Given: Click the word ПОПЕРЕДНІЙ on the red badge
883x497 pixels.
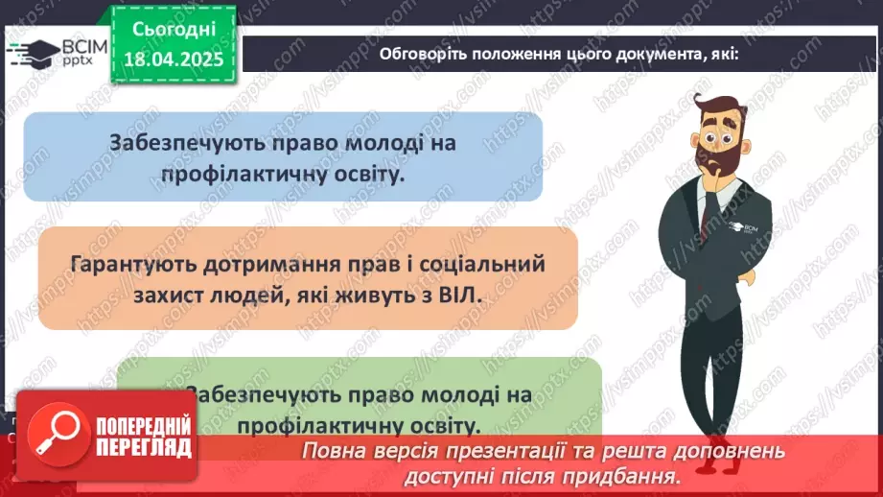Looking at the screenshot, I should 141,427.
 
